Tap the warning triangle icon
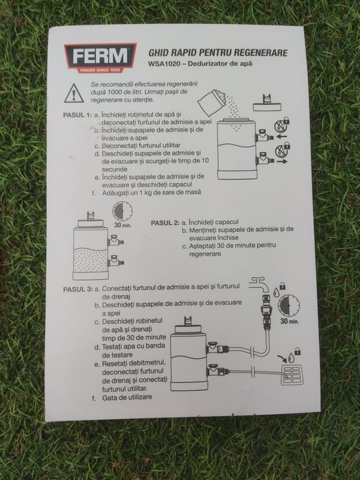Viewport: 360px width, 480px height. tap(75, 92)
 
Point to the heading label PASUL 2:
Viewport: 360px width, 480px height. tap(165, 223)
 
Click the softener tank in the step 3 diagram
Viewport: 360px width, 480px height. tap(187, 361)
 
